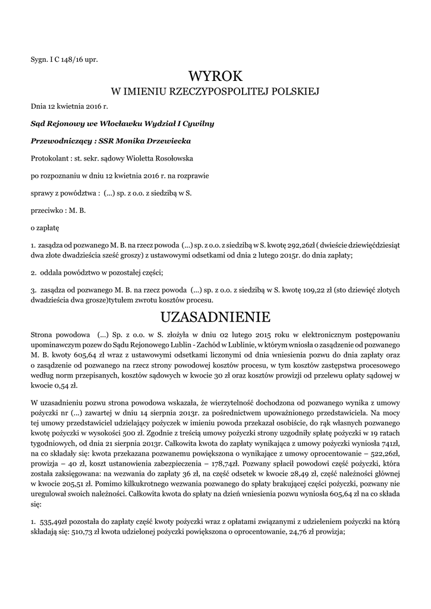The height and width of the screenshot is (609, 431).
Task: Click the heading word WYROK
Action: (x=216, y=76)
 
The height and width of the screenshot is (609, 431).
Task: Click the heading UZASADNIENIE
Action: (x=215, y=315)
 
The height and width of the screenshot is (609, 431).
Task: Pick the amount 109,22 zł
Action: (x=309, y=290)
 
